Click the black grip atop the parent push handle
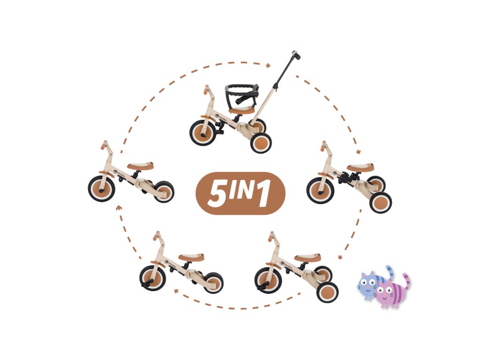pyautogui.click(x=296, y=55)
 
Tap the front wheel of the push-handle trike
pyautogui.click(x=202, y=132)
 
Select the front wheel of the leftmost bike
pyautogui.click(x=101, y=188)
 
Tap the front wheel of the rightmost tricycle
pyautogui.click(x=320, y=190)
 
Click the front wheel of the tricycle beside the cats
pyautogui.click(x=268, y=279)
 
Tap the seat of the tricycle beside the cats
pyautogui.click(x=307, y=258)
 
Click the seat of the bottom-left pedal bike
pyautogui.click(x=191, y=257)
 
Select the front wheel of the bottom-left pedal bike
pyautogui.click(x=152, y=278)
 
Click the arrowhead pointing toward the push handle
pyautogui.click(x=269, y=65)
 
